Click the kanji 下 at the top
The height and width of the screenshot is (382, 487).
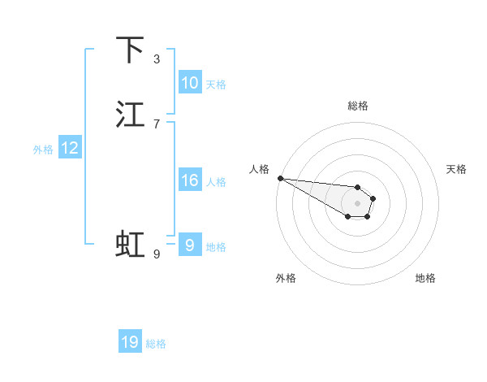(130, 50)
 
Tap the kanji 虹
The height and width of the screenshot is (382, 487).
(130, 244)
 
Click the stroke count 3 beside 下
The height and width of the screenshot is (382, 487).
(157, 59)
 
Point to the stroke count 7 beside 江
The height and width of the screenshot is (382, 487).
(157, 124)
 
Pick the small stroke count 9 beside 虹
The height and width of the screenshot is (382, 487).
(157, 254)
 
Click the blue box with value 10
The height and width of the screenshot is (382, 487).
(190, 83)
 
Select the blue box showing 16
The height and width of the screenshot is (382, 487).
(190, 180)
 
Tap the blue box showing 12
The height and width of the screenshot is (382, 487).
(70, 148)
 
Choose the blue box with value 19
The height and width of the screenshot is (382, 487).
(130, 342)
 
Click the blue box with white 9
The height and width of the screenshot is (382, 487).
(190, 245)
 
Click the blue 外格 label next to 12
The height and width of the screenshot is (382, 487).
(43, 150)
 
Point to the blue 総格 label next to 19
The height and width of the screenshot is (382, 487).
(156, 344)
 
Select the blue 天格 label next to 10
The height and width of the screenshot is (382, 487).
(216, 85)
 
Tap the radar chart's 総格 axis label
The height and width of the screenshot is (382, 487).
(358, 106)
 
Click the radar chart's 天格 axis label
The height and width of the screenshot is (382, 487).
(457, 169)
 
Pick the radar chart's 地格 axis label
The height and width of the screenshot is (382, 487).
(425, 278)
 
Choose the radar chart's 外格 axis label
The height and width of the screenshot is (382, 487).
(286, 278)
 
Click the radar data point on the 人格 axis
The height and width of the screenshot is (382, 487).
(280, 178)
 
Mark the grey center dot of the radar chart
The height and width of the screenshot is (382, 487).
(357, 203)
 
